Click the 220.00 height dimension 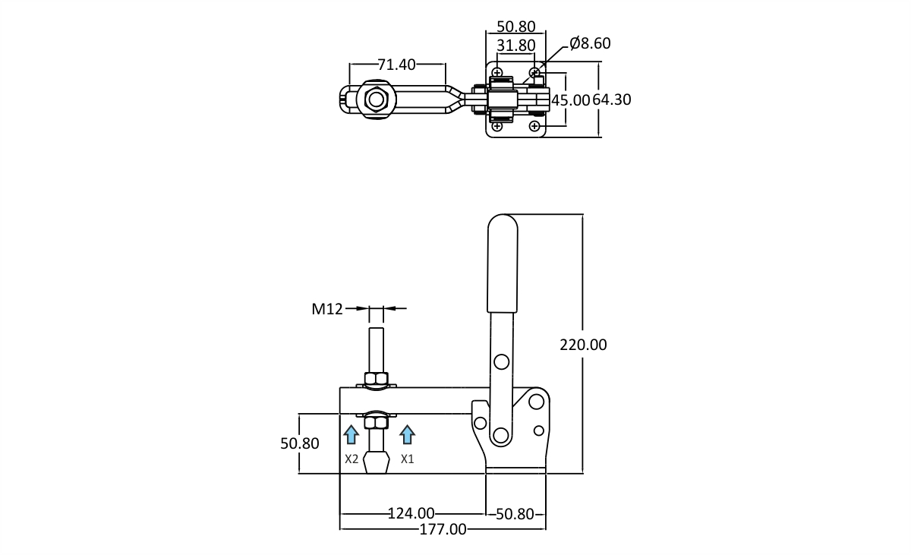point(583,345)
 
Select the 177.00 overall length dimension point(443,529)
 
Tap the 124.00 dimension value point(411,513)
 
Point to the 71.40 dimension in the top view point(396,65)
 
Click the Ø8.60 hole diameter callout point(590,43)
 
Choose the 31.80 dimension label point(516,45)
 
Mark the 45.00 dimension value point(570,100)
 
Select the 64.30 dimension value point(612,99)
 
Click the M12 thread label point(327,309)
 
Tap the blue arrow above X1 point(407,434)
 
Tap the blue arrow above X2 point(351,434)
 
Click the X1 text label point(407,459)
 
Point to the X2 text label point(351,459)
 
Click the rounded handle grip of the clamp point(503,263)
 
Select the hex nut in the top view point(377,99)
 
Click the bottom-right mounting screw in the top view point(534,126)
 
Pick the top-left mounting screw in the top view point(497,73)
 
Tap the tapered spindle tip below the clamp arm point(377,462)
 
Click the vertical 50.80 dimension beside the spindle point(300,443)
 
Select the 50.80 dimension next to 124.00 point(515,514)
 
